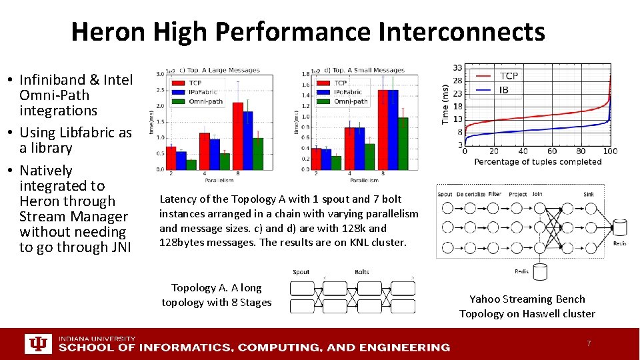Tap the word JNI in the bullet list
[x=118, y=247]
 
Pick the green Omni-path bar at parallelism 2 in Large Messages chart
[x=191, y=165]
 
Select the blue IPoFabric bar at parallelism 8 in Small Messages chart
[x=393, y=129]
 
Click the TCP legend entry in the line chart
[x=508, y=76]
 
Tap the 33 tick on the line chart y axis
[x=457, y=68]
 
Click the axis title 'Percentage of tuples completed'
[x=538, y=162]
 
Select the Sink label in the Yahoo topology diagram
[x=589, y=195]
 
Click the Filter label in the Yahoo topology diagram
[x=494, y=195]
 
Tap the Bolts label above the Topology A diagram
[x=362, y=272]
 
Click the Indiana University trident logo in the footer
[x=37, y=344]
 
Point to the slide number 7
[x=588, y=343]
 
